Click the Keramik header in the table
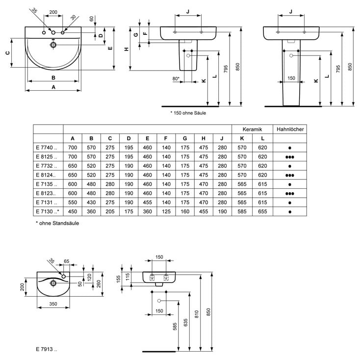pyautogui.click(x=252, y=129)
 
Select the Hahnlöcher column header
pyautogui.click(x=290, y=129)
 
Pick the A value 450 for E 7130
pyautogui.click(x=73, y=211)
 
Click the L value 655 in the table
pyautogui.click(x=262, y=211)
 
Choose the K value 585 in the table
pyautogui.click(x=242, y=211)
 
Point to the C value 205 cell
pyautogui.click(x=110, y=211)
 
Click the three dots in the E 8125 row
pyautogui.click(x=290, y=157)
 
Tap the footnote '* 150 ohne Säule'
pyautogui.click(x=188, y=113)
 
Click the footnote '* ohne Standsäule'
pyautogui.click(x=57, y=223)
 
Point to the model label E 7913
pyautogui.click(x=47, y=349)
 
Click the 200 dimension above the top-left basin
pyautogui.click(x=53, y=12)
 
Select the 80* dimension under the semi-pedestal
pyautogui.click(x=176, y=78)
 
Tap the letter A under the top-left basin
pyautogui.click(x=53, y=87)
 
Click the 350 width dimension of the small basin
pyautogui.click(x=53, y=304)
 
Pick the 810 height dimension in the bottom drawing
pyautogui.click(x=197, y=314)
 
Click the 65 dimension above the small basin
pyautogui.click(x=66, y=261)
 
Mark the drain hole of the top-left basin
pyautogui.click(x=53, y=45)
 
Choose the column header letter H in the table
pyautogui.click(x=204, y=138)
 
